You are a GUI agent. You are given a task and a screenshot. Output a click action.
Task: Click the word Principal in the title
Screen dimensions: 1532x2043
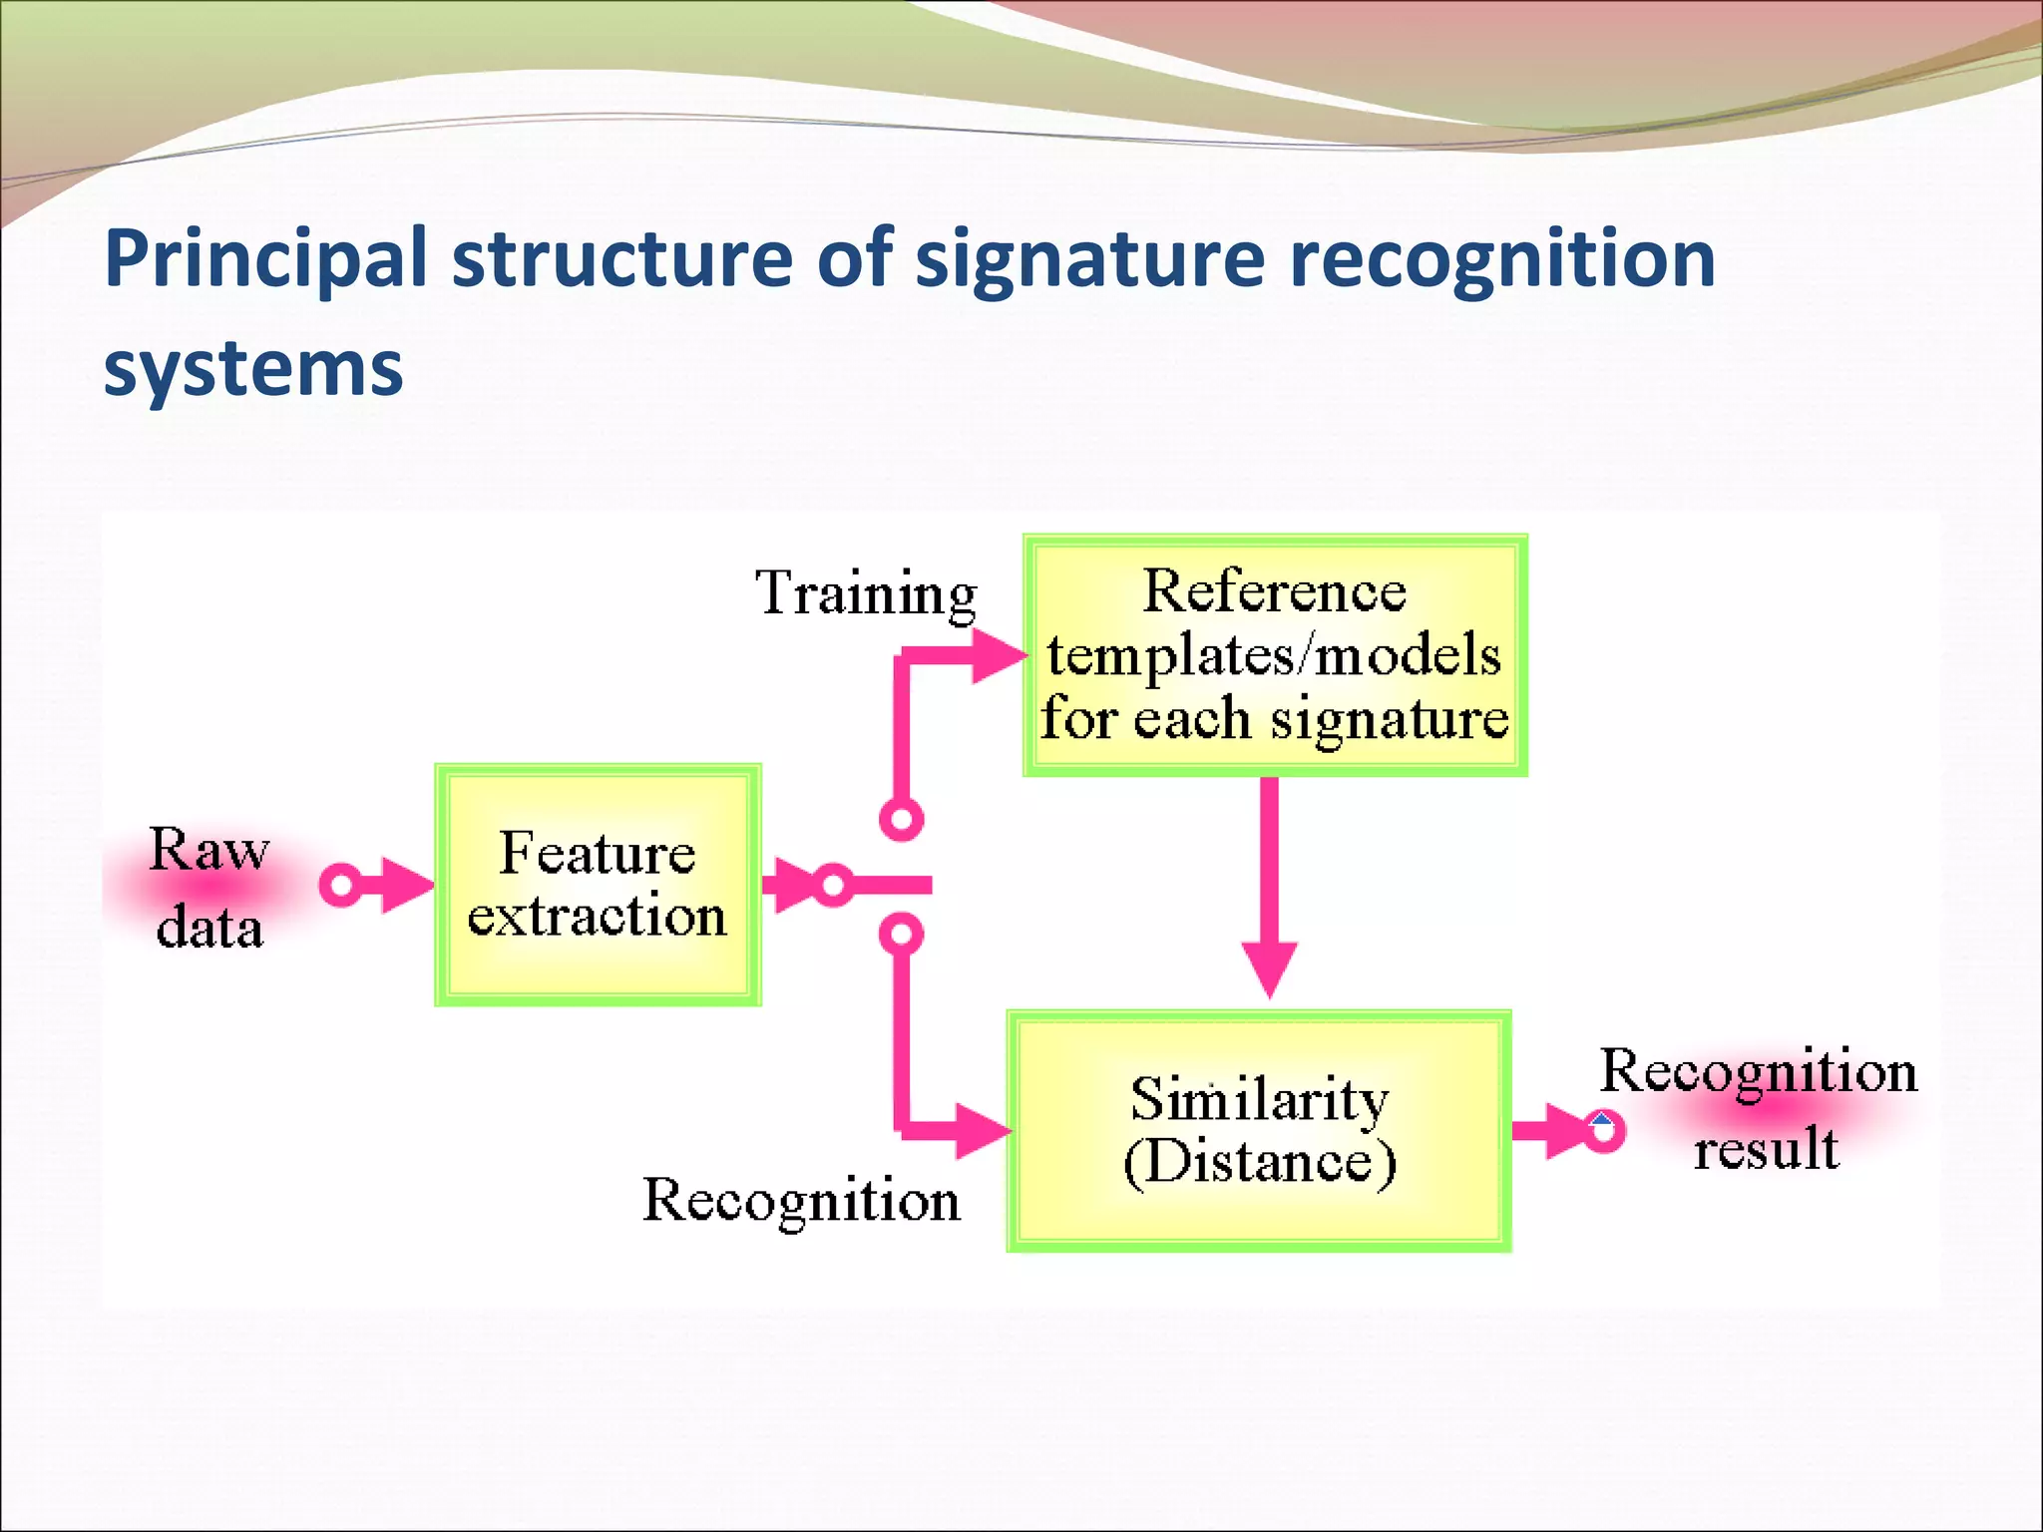(x=265, y=259)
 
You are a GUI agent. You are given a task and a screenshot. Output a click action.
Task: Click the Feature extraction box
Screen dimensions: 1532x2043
(x=598, y=885)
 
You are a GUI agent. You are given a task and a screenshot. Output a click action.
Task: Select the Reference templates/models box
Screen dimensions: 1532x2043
(x=1275, y=655)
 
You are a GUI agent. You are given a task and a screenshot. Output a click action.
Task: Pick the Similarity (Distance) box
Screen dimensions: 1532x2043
(x=1259, y=1131)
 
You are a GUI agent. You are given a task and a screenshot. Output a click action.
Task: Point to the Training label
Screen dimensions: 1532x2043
(x=866, y=593)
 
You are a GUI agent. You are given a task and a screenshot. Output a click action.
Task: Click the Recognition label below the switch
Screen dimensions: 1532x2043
(x=801, y=1200)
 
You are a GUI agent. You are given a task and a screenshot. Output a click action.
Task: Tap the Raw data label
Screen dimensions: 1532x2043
(x=208, y=888)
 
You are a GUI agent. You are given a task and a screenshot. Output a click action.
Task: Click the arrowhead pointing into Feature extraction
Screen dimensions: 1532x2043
(x=408, y=885)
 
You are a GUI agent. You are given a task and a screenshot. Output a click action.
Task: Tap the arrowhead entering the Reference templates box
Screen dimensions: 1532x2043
(x=999, y=655)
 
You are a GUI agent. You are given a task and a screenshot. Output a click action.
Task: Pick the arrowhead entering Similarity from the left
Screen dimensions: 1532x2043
(x=983, y=1131)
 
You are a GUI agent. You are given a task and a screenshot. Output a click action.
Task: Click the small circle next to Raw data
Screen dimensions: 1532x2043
(x=341, y=885)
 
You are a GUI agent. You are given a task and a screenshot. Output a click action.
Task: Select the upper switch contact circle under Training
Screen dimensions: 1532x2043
(x=902, y=820)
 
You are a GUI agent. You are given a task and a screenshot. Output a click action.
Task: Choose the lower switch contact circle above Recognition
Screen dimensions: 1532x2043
(x=902, y=935)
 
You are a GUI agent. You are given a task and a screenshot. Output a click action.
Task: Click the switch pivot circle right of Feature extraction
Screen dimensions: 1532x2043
(x=832, y=885)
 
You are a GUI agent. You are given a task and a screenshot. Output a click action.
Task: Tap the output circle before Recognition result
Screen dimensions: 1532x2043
(x=1603, y=1131)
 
